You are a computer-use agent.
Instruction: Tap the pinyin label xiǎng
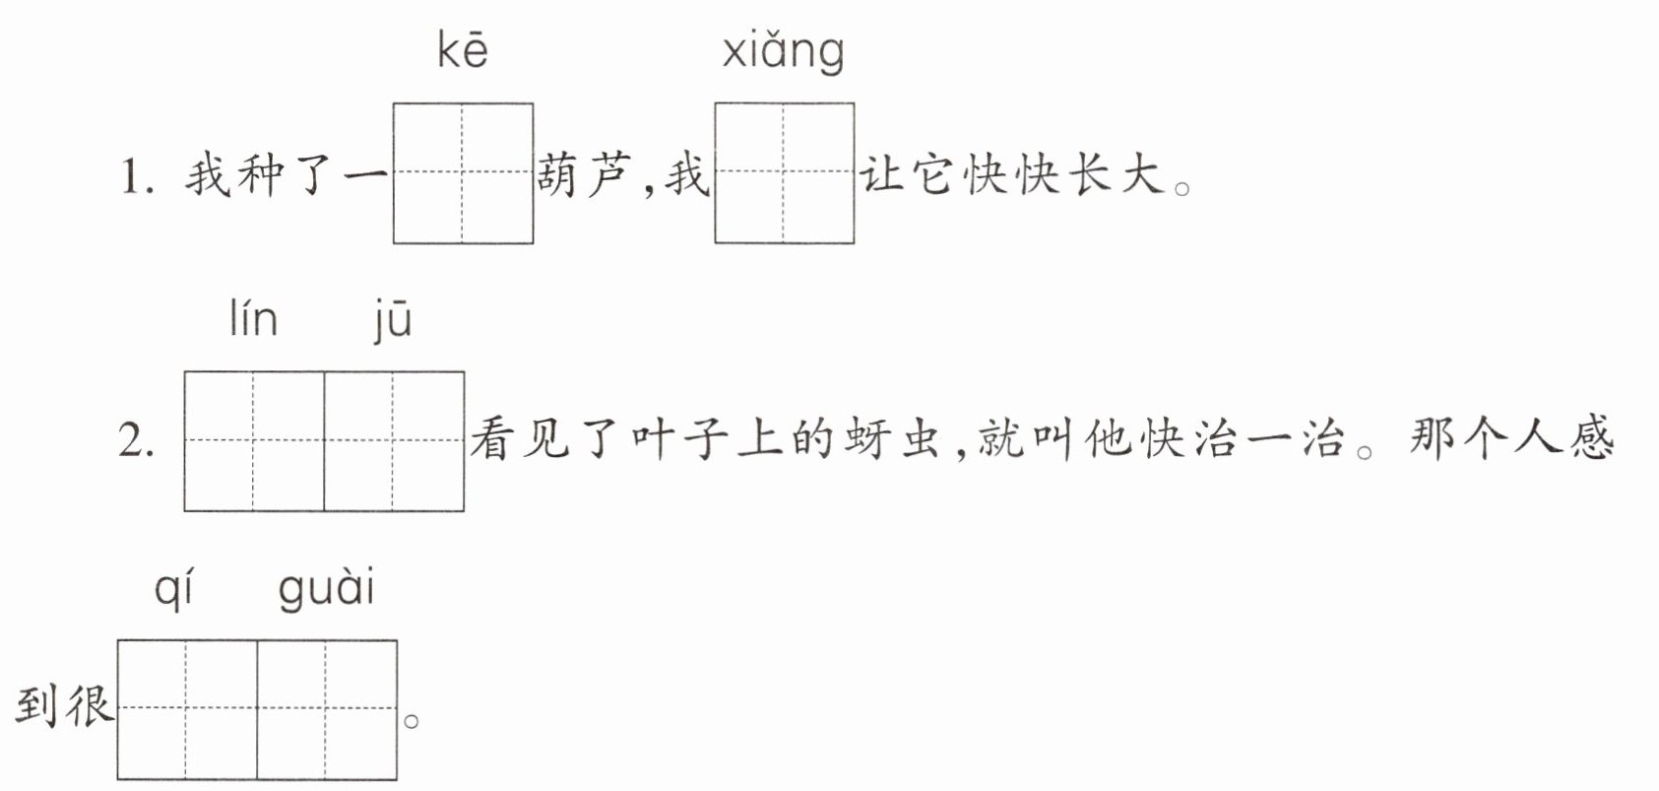[x=783, y=52]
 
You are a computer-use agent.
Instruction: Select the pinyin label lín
[x=253, y=319]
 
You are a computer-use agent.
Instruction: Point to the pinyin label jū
[x=393, y=321]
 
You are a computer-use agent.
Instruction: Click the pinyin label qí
[x=173, y=590]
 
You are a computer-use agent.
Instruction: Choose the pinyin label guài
[x=327, y=590]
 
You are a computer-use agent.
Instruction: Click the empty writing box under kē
[x=463, y=172]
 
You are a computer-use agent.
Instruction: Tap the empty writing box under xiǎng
[x=785, y=172]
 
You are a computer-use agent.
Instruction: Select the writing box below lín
[x=254, y=441]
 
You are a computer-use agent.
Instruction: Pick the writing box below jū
[x=394, y=441]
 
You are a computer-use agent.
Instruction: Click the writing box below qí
[x=187, y=709]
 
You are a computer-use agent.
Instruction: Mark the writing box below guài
[x=327, y=709]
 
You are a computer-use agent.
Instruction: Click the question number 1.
[x=137, y=178]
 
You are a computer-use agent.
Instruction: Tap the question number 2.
[x=136, y=441]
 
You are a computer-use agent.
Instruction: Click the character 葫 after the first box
[x=558, y=175]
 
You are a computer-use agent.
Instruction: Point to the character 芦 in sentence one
[x=610, y=175]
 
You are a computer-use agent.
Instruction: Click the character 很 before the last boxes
[x=90, y=705]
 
